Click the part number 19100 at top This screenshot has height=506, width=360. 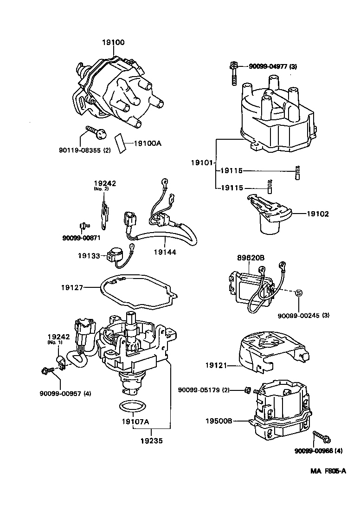coord(113,43)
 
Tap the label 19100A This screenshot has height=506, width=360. coord(148,143)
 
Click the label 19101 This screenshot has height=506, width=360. coord(201,163)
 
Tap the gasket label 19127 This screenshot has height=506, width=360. coord(71,288)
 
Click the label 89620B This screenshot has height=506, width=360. coord(252,258)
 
